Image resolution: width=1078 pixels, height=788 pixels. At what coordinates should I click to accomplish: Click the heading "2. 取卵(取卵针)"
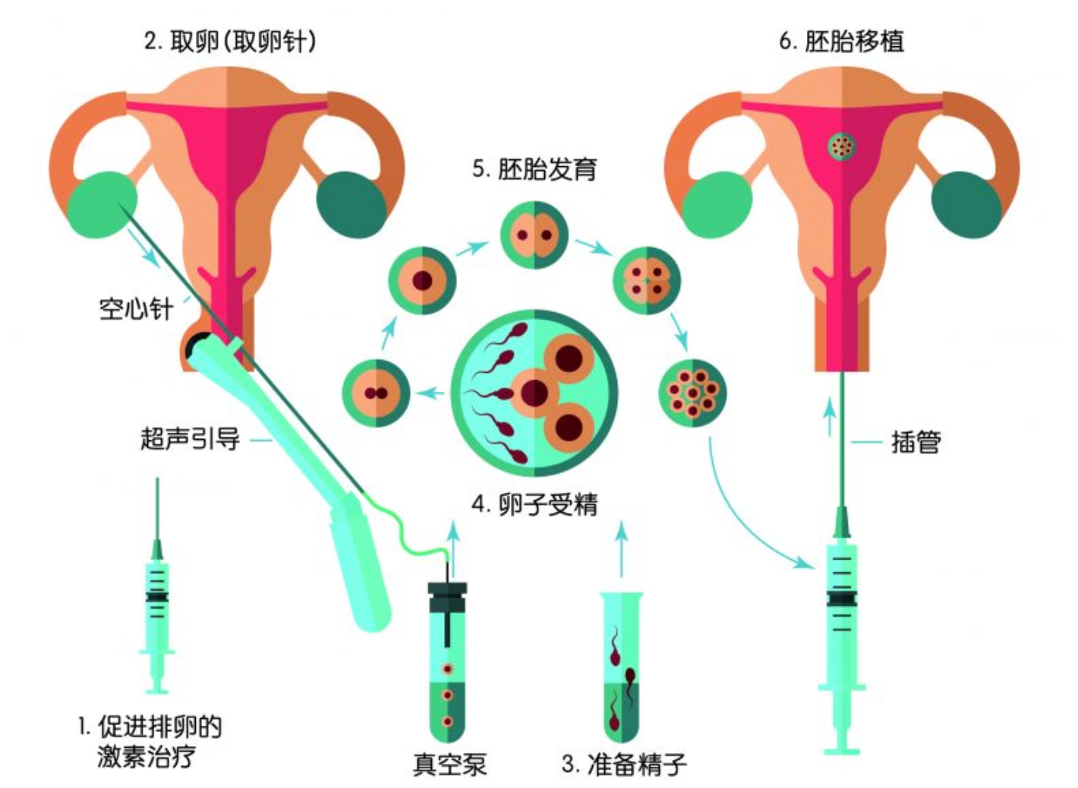231,42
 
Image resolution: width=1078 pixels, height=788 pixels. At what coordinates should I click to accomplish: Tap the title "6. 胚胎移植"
841,41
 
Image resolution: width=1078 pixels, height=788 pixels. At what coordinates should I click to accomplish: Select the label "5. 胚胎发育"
534,169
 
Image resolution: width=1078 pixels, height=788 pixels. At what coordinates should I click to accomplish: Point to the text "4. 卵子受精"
534,505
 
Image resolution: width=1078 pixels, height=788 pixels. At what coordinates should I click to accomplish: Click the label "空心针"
136,309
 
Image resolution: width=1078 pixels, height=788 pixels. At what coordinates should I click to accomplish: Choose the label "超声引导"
190,439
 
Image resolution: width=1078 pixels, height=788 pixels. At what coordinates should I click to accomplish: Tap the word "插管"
916,442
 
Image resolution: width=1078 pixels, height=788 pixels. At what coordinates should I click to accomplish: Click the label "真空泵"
450,764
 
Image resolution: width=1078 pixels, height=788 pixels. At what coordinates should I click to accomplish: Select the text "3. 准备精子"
624,764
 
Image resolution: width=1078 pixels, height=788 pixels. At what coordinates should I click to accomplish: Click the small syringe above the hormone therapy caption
157,585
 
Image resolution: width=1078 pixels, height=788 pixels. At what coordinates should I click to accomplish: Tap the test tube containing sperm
621,667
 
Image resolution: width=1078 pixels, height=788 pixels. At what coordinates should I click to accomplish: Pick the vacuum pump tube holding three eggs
448,662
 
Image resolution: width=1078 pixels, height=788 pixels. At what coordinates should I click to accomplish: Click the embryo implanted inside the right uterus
842,147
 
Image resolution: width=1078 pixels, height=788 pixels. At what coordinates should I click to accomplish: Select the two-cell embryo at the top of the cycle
534,235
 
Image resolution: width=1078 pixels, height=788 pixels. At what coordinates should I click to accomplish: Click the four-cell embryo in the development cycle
647,281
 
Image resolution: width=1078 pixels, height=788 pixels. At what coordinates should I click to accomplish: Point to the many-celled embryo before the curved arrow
692,393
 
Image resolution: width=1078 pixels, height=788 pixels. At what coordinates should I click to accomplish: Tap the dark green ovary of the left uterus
351,204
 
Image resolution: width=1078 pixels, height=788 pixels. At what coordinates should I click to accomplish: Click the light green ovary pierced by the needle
102,204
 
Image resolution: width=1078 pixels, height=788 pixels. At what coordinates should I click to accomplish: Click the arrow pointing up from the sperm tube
622,549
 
